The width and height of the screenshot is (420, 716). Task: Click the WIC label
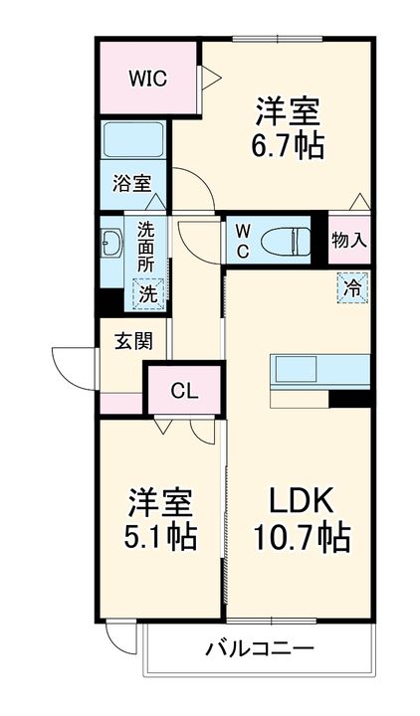[147, 79]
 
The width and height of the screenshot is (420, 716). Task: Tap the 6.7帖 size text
[287, 145]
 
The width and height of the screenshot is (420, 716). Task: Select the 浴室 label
[132, 184]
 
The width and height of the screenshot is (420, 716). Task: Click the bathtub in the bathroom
[133, 139]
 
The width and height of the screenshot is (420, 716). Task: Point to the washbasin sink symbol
[111, 242]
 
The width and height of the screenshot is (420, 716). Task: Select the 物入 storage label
[349, 241]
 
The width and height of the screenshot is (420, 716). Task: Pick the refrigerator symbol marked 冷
[352, 287]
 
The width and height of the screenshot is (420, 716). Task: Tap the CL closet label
[184, 391]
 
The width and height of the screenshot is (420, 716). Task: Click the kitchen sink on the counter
[296, 369]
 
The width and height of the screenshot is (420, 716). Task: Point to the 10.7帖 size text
[302, 537]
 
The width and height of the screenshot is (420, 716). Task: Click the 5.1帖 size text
[160, 537]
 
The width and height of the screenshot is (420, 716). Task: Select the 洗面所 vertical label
[146, 247]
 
